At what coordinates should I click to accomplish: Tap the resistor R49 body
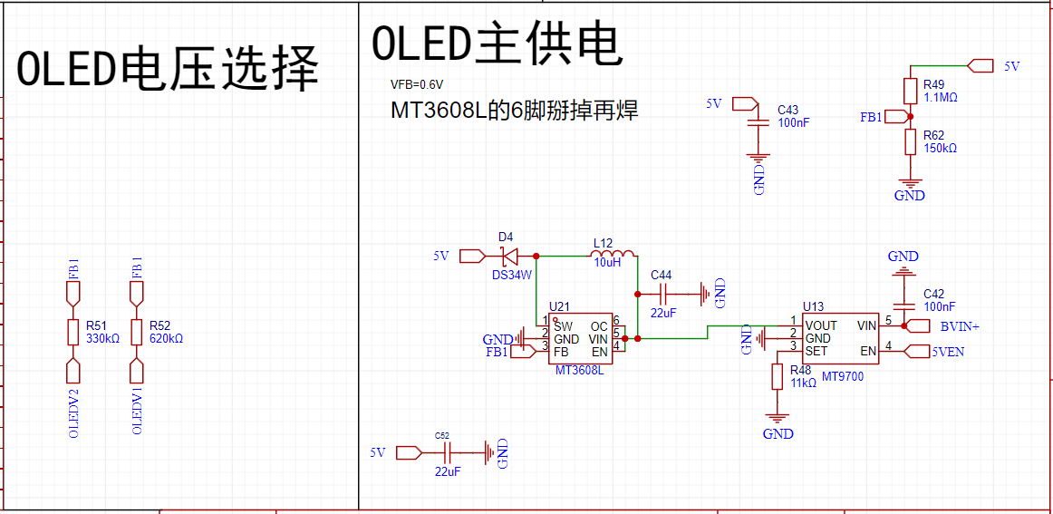[x=910, y=91]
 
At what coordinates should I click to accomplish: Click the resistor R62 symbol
[x=910, y=141]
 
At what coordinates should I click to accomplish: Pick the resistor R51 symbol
[x=73, y=332]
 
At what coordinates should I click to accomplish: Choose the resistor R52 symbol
[x=136, y=332]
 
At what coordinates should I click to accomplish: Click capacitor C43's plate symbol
[x=758, y=123]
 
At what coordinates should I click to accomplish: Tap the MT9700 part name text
[x=842, y=376]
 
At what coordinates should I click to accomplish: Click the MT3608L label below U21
[x=580, y=370]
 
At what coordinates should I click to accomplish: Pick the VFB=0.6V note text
[x=417, y=85]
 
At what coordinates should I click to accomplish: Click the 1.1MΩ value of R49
[x=941, y=97]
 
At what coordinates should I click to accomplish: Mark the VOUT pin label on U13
[x=821, y=325]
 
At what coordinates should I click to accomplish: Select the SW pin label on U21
[x=562, y=325]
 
